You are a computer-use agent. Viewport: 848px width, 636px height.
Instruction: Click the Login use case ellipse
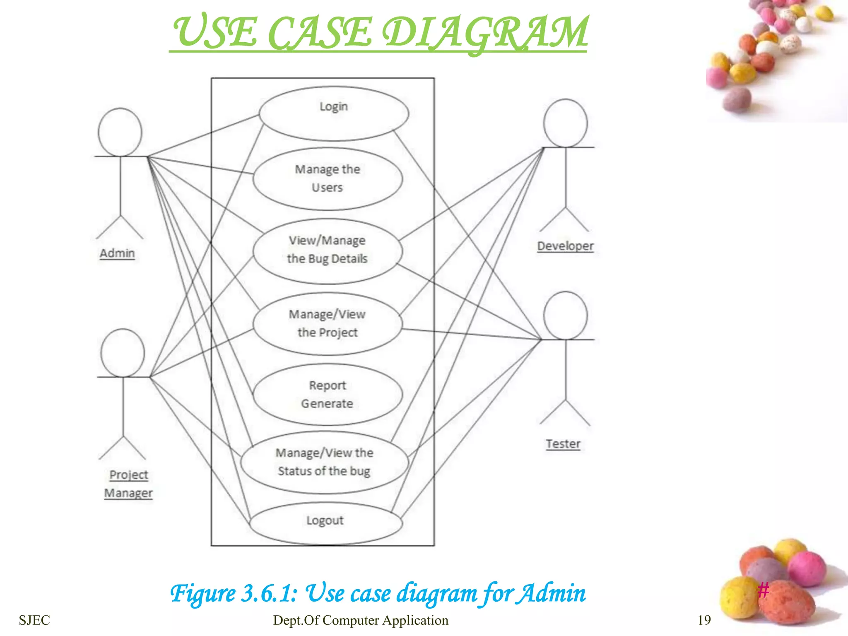coord(334,113)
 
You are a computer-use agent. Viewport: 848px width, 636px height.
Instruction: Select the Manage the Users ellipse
coord(328,179)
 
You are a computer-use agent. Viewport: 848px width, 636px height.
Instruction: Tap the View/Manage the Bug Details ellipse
coord(328,251)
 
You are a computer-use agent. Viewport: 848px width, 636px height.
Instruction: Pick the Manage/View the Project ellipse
coord(328,324)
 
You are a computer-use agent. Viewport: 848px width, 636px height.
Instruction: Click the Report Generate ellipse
coord(328,395)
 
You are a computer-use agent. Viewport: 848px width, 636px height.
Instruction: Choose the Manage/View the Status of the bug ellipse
coord(325,462)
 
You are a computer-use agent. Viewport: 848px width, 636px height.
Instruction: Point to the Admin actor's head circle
coord(120,132)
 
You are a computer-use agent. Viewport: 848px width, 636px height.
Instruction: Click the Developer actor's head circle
coord(565,123)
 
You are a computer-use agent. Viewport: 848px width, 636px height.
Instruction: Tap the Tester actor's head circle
coord(565,316)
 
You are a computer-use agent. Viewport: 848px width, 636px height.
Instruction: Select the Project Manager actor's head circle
coord(123,353)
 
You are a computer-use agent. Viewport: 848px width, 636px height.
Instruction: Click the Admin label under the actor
coord(117,253)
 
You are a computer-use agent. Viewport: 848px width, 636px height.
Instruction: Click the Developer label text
coord(565,246)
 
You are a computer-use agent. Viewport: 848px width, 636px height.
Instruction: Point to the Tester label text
coord(563,444)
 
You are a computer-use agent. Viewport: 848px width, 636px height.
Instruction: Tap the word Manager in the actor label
coord(128,493)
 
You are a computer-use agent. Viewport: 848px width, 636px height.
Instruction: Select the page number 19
coord(704,620)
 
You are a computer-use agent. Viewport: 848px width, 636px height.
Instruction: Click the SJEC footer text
coord(34,620)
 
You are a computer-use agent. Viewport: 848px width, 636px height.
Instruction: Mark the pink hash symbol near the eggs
coord(764,590)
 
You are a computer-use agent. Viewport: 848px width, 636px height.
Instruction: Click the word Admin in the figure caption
coord(553,593)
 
